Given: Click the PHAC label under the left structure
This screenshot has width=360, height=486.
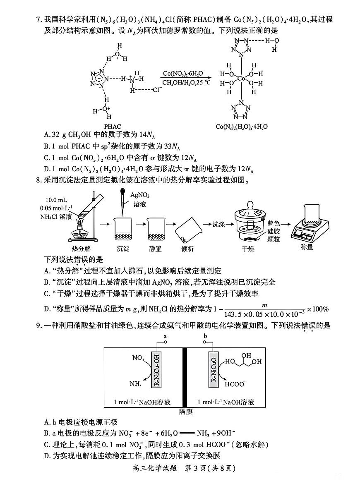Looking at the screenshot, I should [x=113, y=126].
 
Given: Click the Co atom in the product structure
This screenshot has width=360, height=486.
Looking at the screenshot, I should [x=242, y=78].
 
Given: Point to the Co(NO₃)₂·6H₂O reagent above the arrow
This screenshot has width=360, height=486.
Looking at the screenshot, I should [x=183, y=74].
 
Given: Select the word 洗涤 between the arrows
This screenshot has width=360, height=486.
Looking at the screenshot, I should [x=218, y=224].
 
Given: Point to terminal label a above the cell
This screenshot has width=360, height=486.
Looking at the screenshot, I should [x=166, y=337].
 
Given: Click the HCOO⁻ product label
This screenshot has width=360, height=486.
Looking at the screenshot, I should [x=235, y=383].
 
